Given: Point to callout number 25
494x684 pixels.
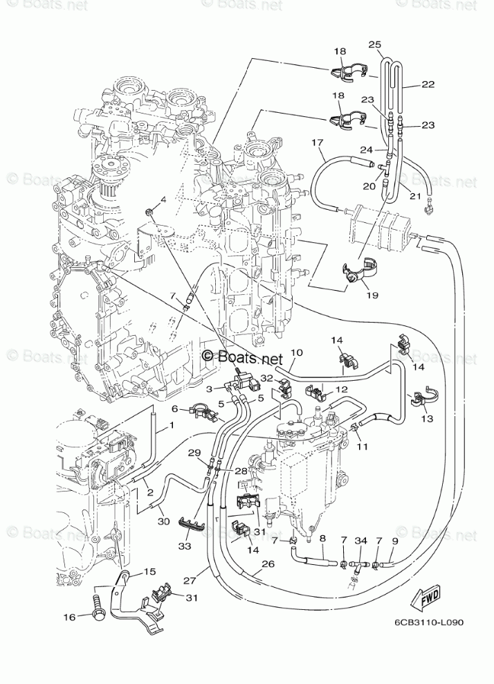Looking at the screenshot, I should click(375, 45).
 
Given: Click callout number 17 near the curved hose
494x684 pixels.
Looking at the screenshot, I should click(318, 143).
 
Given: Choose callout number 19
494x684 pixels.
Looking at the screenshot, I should click(373, 296).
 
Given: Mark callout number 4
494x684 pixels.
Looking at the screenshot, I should click(163, 200).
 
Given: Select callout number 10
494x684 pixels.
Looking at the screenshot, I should click(297, 352).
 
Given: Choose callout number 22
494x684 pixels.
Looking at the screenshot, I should click(428, 85).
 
